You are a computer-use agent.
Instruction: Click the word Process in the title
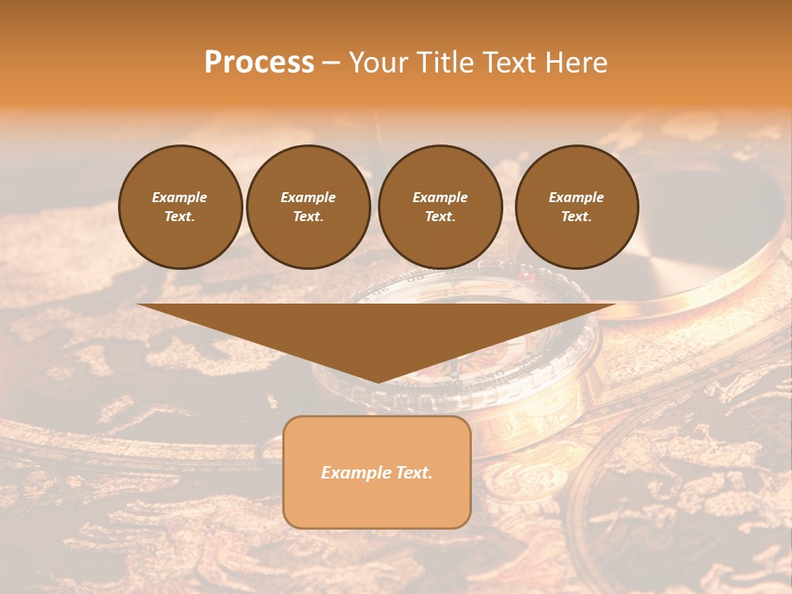(259, 63)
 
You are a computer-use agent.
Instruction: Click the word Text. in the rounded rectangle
(412, 473)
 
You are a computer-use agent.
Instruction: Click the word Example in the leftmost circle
(180, 197)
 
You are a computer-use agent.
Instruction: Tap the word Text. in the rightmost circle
(576, 216)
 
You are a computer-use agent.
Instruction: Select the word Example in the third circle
(440, 197)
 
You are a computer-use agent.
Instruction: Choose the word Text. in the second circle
(308, 216)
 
